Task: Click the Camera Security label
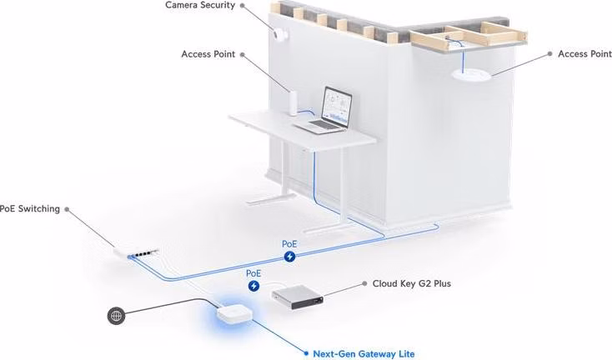200,5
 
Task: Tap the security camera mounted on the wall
280,35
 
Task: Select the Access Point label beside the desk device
208,54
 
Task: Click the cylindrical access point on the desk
293,103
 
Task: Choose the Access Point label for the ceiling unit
584,54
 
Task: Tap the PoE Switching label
30,209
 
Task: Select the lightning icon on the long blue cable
289,257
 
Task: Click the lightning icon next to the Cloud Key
253,287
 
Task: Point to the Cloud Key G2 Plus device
298,297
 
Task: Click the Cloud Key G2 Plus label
411,283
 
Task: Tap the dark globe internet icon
116,316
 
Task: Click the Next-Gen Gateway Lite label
364,354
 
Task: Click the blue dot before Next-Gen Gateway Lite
306,353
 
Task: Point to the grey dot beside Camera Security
243,6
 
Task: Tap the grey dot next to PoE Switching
67,209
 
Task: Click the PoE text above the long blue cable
289,244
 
